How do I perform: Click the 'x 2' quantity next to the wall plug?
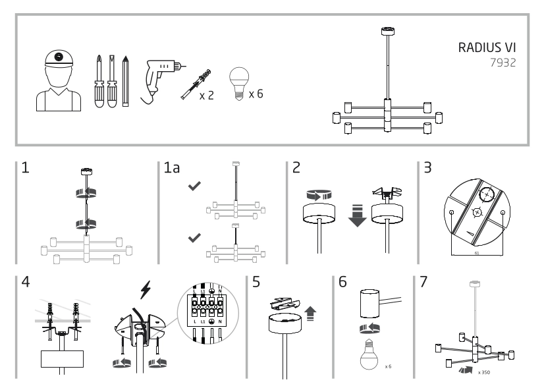pyautogui.click(x=207, y=96)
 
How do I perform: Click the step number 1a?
pyautogui.click(x=172, y=168)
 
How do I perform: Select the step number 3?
pyautogui.click(x=427, y=167)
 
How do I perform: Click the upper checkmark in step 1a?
pyautogui.click(x=194, y=188)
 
